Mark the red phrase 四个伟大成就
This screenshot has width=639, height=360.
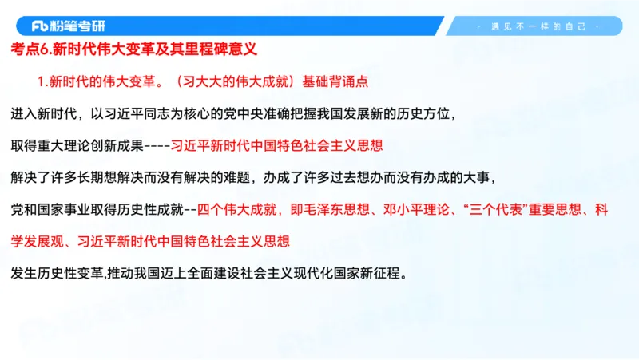(x=236, y=209)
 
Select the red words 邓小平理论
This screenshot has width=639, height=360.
(x=423, y=209)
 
